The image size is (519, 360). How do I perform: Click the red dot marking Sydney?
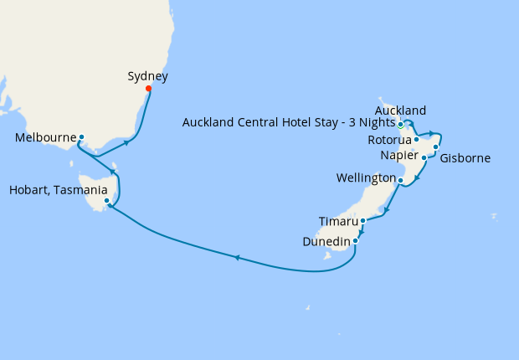148,89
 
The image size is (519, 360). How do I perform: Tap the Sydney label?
147,76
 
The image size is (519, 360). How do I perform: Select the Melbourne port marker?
81,137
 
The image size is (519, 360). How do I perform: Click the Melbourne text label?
46,137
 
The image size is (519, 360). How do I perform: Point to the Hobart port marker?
106,201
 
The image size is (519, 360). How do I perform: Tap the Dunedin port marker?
356,241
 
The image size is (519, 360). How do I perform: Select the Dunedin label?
326,241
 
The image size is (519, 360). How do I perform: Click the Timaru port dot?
362,221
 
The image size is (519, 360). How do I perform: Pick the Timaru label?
338,221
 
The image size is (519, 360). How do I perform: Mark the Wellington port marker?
400,180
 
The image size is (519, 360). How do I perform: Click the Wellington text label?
365,178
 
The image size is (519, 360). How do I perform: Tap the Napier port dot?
424,157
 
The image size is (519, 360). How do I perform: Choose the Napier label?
398,155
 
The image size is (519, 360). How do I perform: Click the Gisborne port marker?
436,147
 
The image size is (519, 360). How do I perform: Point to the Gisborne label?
465,157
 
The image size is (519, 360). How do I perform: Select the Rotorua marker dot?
416,140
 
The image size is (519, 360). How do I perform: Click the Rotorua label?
389,140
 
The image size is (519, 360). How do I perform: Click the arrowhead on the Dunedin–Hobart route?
237,257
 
